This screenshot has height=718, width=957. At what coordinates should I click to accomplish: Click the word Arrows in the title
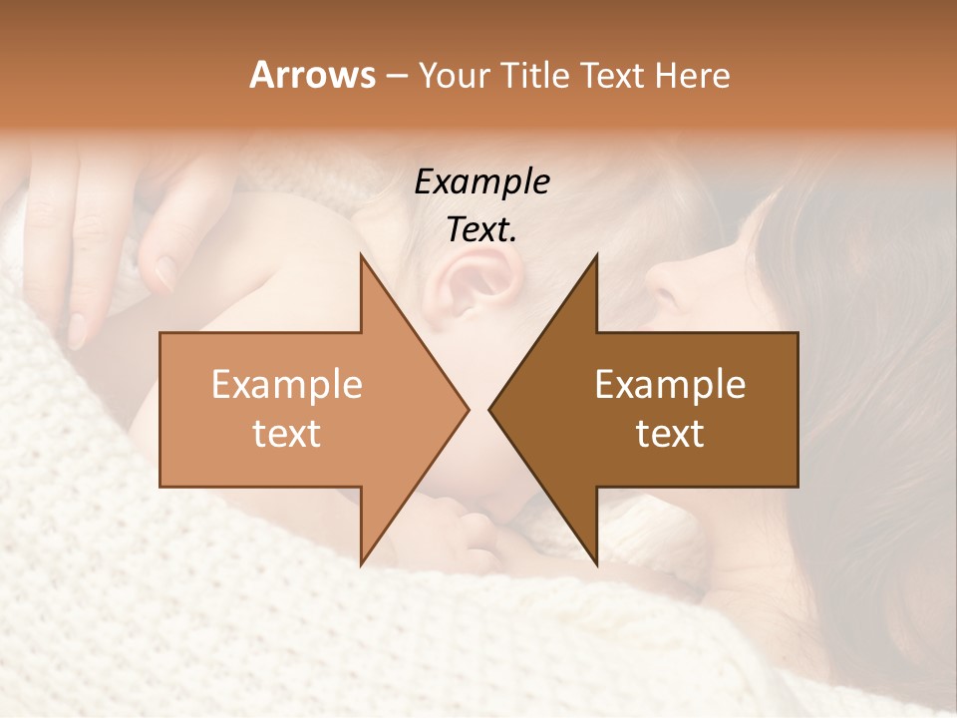312,75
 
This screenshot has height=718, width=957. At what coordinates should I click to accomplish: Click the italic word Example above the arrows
481,182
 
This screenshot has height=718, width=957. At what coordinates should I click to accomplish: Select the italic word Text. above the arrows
481,230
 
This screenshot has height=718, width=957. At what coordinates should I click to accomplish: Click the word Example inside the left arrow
287,385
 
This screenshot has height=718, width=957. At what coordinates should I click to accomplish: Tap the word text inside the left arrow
287,434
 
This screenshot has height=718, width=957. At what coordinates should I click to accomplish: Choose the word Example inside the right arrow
670,385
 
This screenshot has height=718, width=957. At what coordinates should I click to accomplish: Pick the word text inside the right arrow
670,434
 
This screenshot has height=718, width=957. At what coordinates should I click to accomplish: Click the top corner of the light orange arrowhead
361,255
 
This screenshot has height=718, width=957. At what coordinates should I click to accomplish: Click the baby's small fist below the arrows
469,524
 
